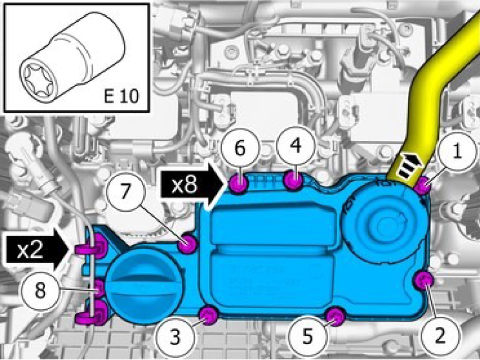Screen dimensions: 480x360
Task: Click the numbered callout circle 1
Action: point(457,151)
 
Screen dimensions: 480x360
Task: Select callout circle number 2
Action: point(439,336)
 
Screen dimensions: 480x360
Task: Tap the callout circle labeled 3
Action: point(175,338)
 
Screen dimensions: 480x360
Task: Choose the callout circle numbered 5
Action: point(308,336)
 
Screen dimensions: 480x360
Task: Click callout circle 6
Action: point(240,148)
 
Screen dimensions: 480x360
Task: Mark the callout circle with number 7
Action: point(124,192)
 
